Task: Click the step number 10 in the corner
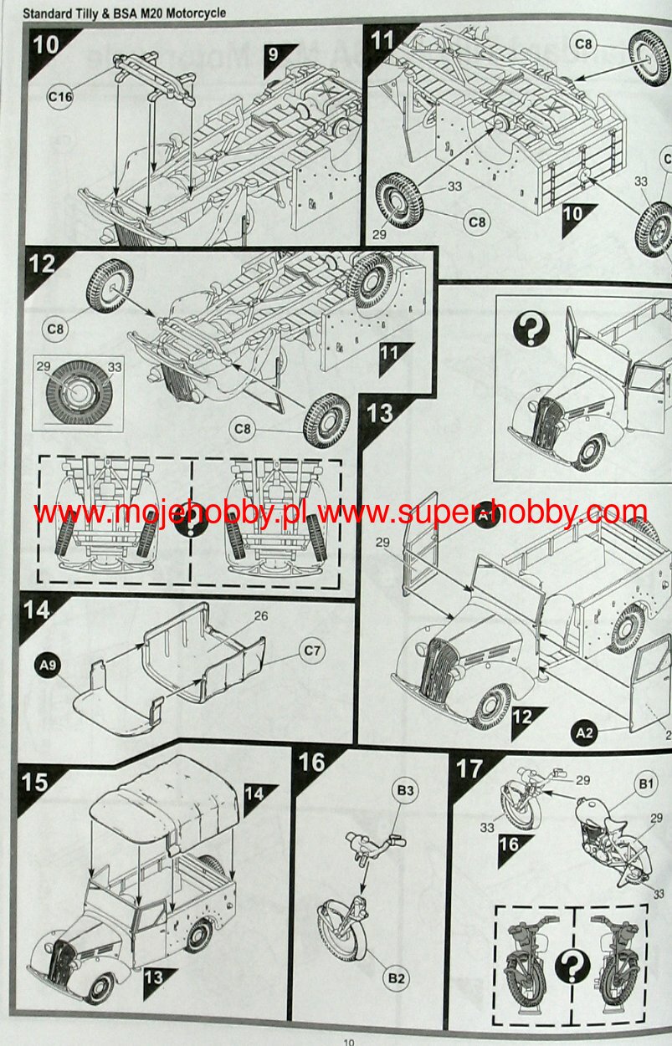pos(46,45)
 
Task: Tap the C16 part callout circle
pos(59,97)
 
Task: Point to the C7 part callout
pos(311,651)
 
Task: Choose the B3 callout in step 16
pos(405,791)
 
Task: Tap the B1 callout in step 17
pos(645,784)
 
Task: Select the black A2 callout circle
pos(584,733)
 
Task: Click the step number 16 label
pos(311,762)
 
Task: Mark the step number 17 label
pos(469,768)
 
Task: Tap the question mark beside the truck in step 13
pos(531,328)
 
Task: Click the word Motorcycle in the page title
pos(196,13)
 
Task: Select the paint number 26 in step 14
pos(261,616)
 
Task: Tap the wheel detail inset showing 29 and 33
pos(78,393)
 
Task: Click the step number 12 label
pos(42,264)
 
